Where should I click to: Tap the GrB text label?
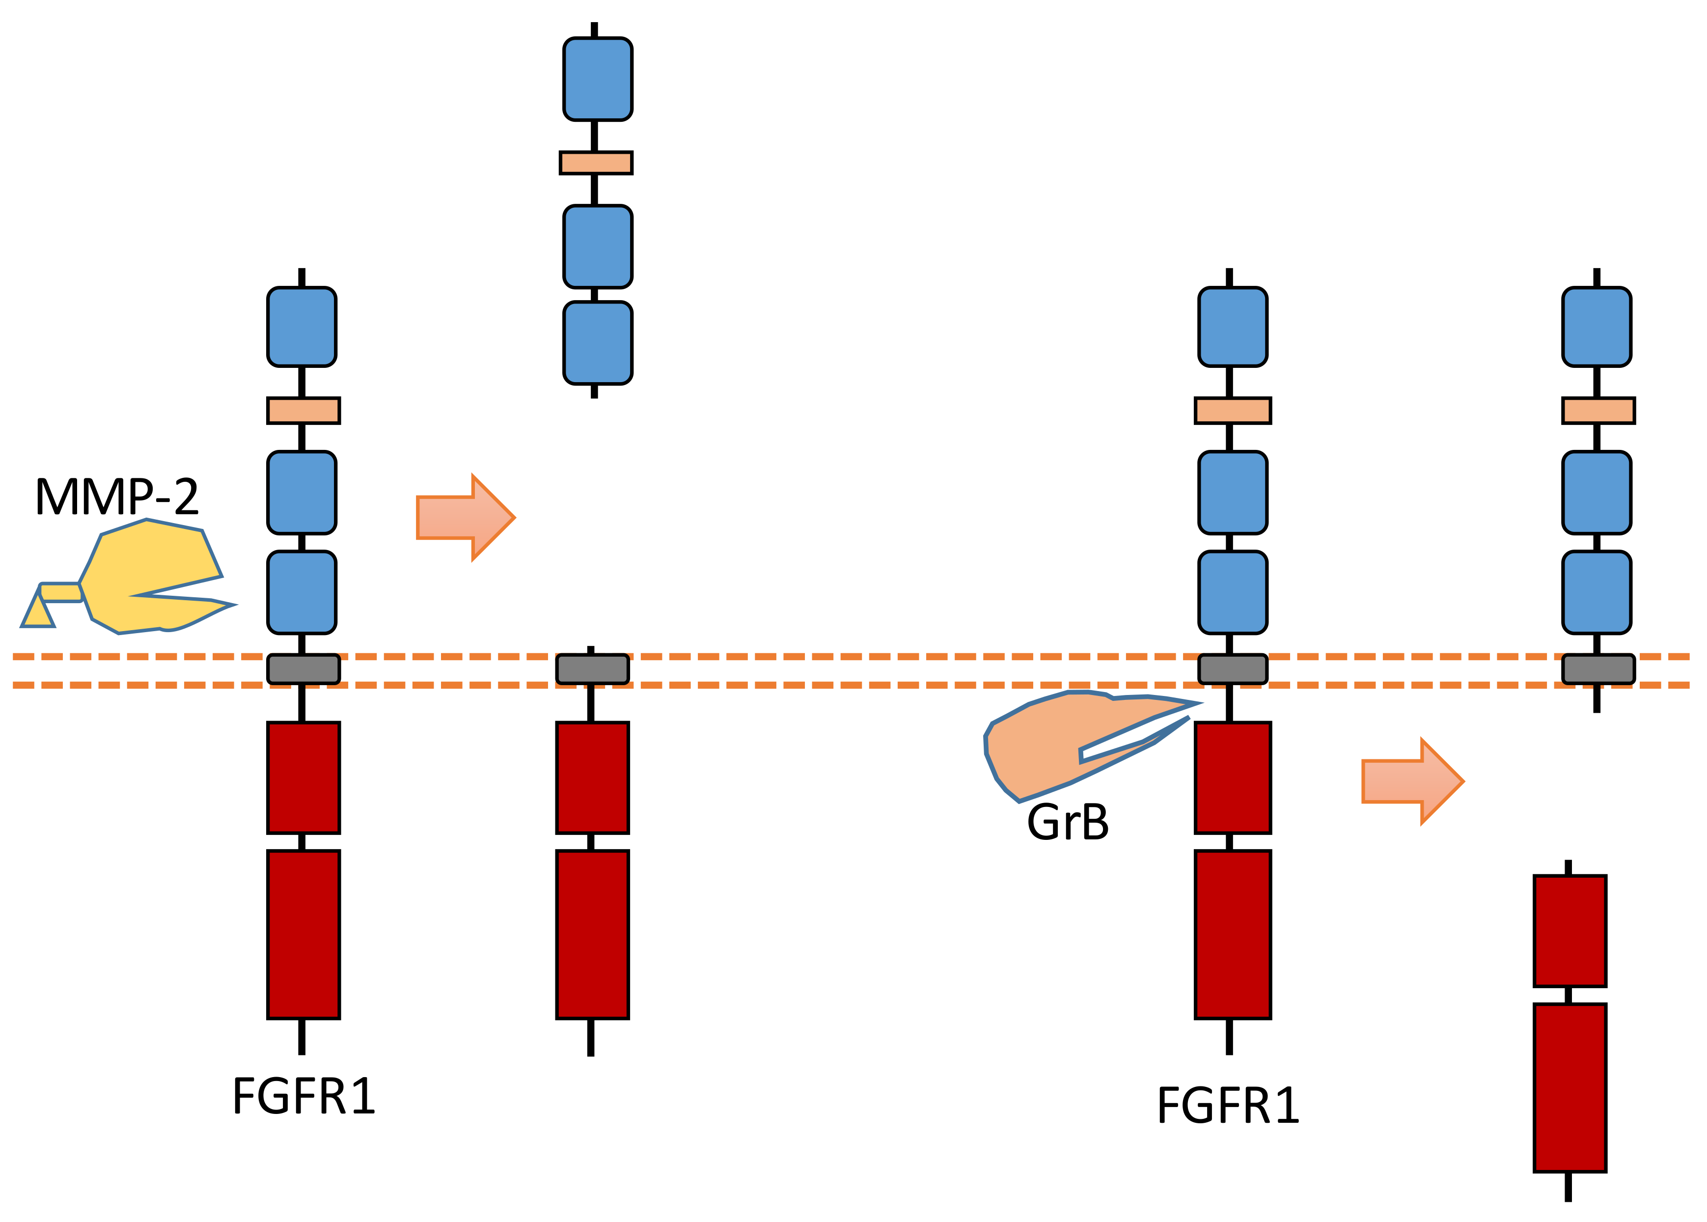pyautogui.click(x=1068, y=822)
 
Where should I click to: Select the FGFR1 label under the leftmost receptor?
pyautogui.click(x=303, y=1096)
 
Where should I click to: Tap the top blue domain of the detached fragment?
pyautogui.click(x=597, y=79)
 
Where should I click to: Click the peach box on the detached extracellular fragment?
pyautogui.click(x=596, y=163)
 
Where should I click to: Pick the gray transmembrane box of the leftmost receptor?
pyautogui.click(x=303, y=669)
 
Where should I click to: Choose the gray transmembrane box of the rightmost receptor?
pyautogui.click(x=1598, y=669)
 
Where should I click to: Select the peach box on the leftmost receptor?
pyautogui.click(x=303, y=411)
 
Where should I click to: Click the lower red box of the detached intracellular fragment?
pyautogui.click(x=1570, y=1087)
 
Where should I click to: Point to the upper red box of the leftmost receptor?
pyautogui.click(x=303, y=778)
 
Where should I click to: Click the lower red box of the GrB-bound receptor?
pyautogui.click(x=1232, y=935)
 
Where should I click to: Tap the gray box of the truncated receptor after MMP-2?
pyautogui.click(x=592, y=669)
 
